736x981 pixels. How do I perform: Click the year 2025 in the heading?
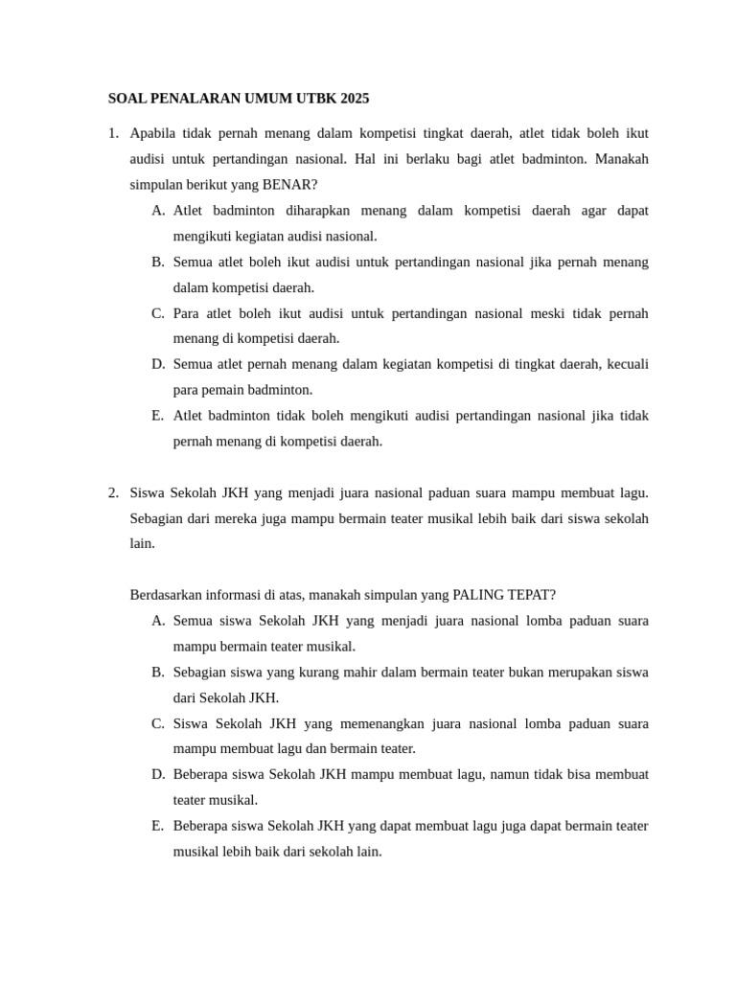point(352,99)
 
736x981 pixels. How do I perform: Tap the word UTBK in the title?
point(310,99)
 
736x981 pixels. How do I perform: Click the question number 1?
point(113,133)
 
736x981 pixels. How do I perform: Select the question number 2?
point(113,492)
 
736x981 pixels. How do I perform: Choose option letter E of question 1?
point(157,416)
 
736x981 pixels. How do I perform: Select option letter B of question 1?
point(157,262)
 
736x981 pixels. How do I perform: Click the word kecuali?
point(623,364)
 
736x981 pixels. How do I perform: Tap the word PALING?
point(473,595)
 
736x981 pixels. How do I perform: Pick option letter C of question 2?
point(157,723)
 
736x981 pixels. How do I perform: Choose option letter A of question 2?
point(157,621)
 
